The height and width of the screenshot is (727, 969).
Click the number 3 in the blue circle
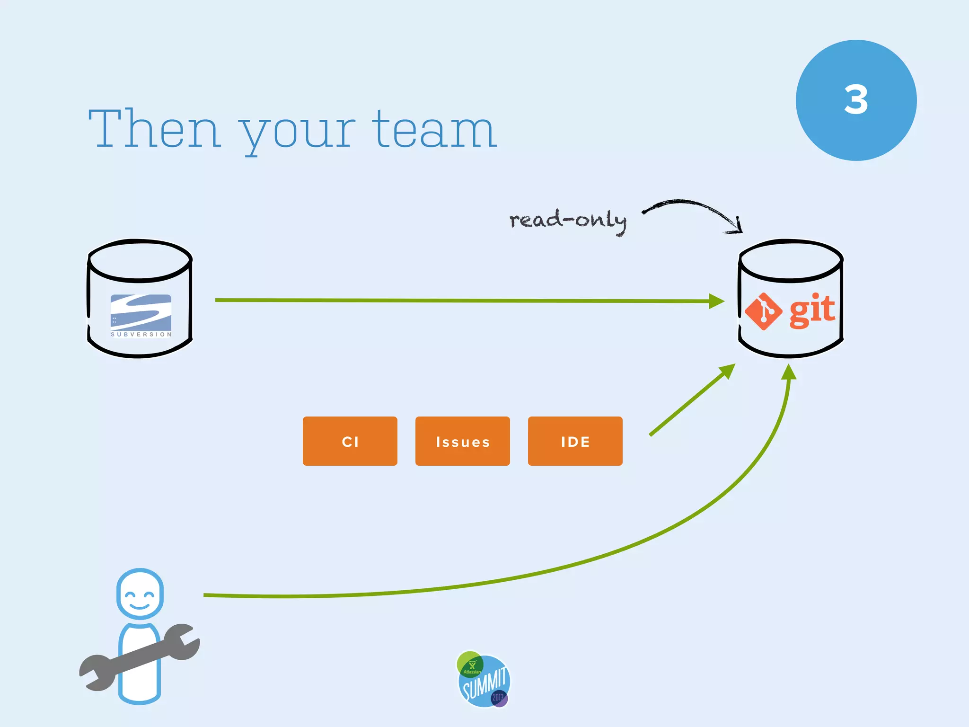856,100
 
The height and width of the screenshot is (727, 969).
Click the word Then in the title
154,129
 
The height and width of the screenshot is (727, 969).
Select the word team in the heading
434,129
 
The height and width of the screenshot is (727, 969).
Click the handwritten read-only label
568,221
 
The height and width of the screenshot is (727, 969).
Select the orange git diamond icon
763,311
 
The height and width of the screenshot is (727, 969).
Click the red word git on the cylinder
812,310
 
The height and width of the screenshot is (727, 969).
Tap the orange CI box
350,441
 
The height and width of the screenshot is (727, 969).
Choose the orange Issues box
462,441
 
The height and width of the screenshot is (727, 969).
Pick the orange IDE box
575,441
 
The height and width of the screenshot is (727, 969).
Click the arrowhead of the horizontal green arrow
717,301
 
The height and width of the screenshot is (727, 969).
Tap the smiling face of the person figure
140,594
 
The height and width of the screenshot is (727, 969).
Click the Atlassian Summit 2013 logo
484,680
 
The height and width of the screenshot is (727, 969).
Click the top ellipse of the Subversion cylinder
140,260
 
